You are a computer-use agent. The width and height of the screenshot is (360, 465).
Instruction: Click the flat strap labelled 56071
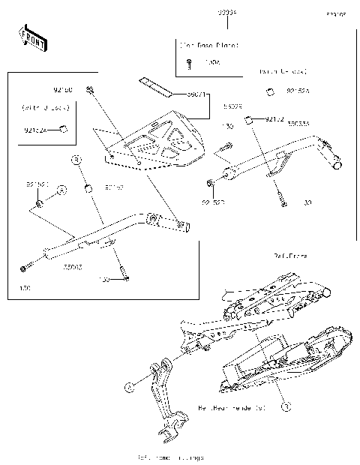pos(156,87)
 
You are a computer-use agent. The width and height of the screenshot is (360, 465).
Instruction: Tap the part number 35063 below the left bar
pos(73,267)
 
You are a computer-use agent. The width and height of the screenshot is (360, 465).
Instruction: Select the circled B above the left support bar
pos(76,160)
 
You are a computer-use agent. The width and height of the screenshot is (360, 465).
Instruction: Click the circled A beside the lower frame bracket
pos(128,386)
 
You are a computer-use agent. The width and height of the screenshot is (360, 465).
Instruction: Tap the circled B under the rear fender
pos(284,406)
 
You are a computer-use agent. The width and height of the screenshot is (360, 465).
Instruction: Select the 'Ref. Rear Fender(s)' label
pos(232,409)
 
